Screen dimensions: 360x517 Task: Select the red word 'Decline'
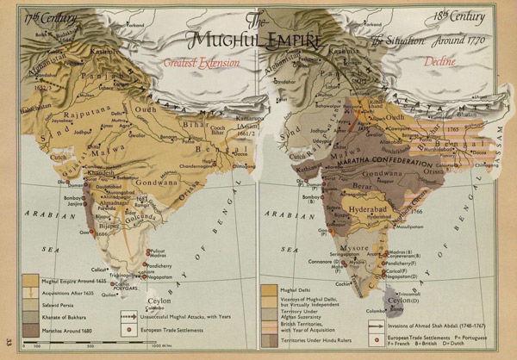(439, 61)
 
